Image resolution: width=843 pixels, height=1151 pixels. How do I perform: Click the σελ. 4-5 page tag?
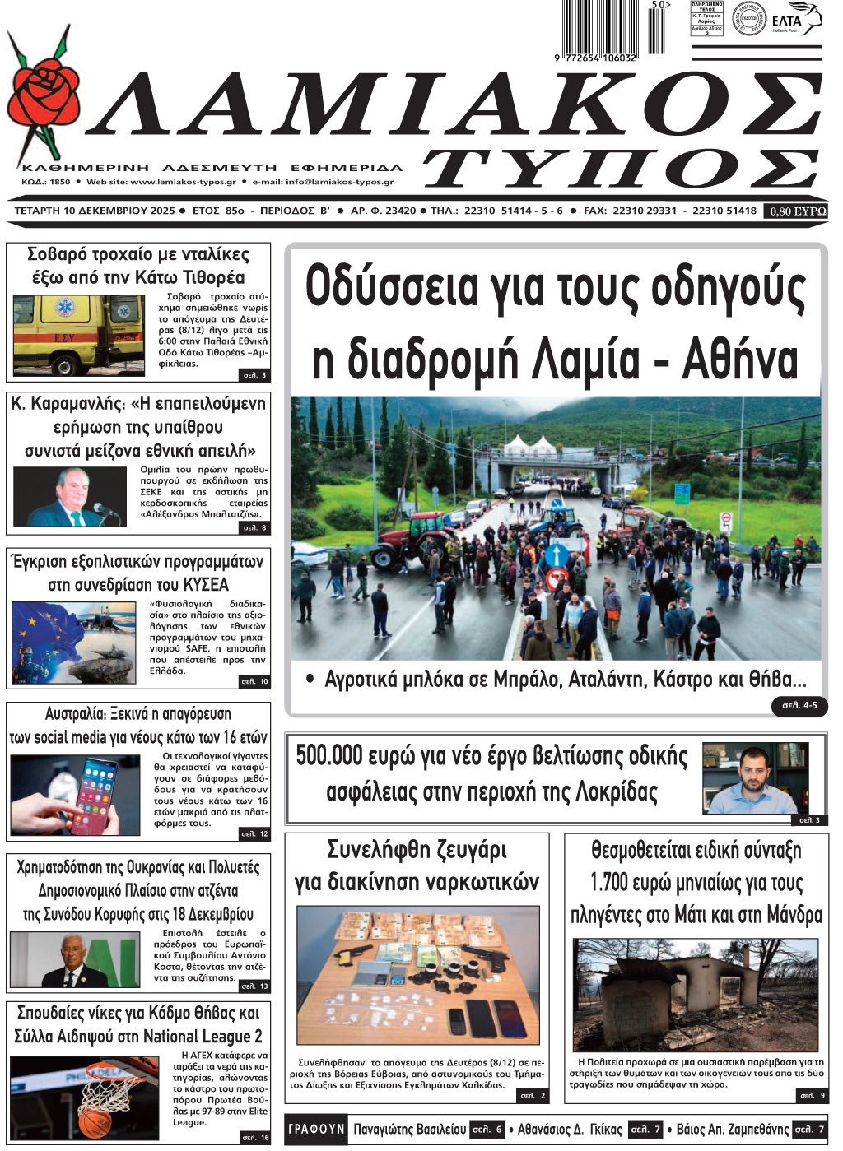click(799, 706)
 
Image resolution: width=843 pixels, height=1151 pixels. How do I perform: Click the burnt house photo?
click(696, 996)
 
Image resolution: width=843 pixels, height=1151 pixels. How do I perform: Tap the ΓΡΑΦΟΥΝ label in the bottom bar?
click(316, 1130)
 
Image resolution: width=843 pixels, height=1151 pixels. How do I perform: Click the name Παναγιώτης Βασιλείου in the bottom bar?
click(409, 1130)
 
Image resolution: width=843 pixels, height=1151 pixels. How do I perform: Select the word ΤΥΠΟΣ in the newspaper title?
click(622, 169)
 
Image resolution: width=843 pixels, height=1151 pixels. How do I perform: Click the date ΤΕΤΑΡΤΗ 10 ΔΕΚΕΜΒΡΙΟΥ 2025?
click(95, 211)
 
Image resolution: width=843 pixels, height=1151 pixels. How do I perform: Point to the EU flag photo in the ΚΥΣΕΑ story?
click(73, 642)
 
